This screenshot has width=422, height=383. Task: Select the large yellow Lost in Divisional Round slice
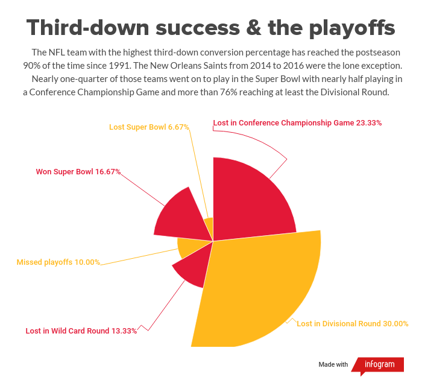tap(259, 283)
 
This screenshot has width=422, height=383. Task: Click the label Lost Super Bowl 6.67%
tap(149, 127)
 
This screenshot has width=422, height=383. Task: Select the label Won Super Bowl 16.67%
tap(78, 172)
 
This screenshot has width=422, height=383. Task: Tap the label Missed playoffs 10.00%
tap(58, 262)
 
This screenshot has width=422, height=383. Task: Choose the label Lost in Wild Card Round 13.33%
tap(81, 331)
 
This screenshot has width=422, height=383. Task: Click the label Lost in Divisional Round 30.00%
tap(353, 324)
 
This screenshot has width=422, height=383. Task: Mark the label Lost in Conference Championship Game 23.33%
tap(297, 123)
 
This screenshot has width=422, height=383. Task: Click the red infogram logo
tap(378, 364)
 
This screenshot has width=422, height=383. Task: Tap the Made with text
tap(333, 364)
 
